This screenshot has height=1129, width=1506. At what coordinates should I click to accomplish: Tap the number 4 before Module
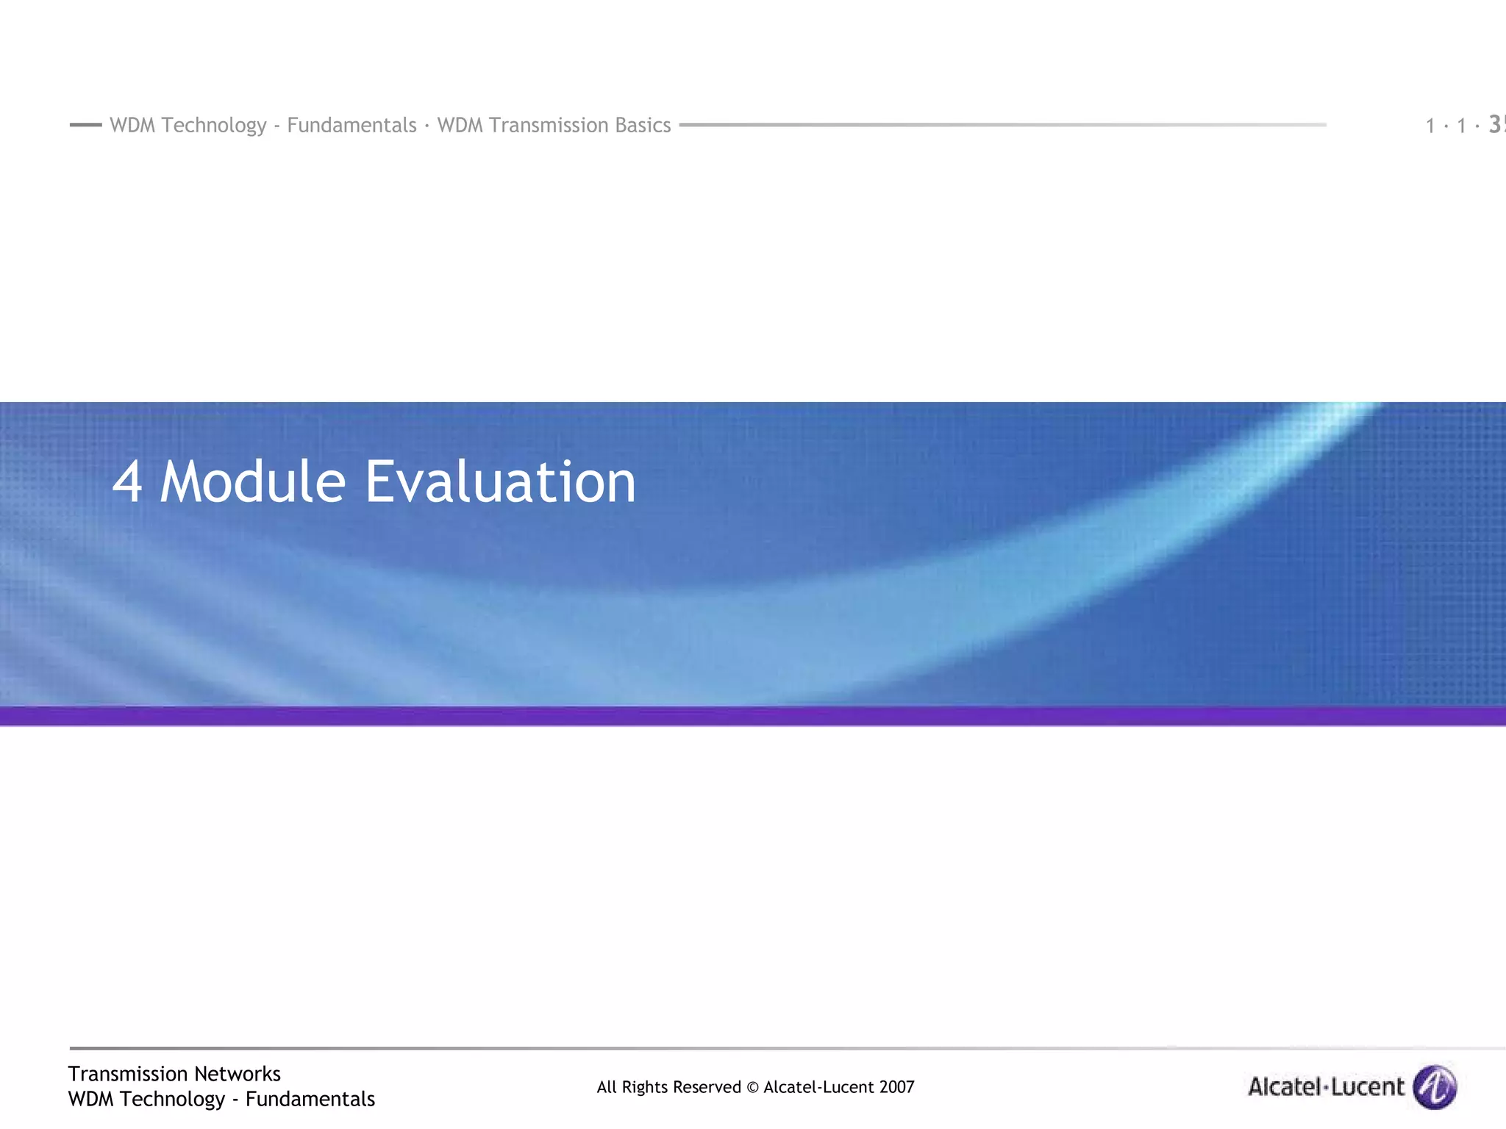126,483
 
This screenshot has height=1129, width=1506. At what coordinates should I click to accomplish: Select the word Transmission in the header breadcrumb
549,125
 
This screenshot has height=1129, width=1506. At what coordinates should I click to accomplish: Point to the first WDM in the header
132,125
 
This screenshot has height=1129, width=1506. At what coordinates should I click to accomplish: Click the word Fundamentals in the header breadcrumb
351,125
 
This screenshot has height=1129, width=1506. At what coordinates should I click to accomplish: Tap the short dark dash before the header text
85,125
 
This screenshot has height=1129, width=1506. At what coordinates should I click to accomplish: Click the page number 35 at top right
1496,125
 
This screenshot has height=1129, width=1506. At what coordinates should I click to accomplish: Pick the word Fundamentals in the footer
310,1099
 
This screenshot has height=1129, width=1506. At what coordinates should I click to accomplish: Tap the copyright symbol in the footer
752,1087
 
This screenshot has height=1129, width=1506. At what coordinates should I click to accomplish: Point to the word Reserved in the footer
707,1087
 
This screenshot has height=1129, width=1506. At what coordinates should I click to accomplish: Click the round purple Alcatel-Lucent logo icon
1435,1086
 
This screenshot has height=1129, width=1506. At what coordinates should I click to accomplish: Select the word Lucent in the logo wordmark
1368,1086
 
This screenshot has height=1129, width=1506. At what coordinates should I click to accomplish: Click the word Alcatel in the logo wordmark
1283,1086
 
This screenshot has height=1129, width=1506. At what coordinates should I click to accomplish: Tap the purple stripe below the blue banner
753,716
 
